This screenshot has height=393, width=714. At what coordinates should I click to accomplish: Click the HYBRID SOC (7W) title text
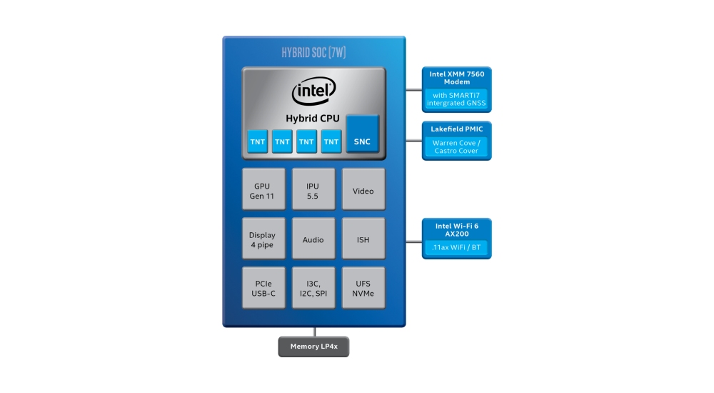pyautogui.click(x=313, y=53)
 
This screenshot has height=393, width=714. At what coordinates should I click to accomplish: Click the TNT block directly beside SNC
pyautogui.click(x=331, y=141)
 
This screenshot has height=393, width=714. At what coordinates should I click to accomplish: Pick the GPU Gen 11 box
pyautogui.click(x=263, y=190)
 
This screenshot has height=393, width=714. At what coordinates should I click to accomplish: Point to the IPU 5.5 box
pyautogui.click(x=313, y=190)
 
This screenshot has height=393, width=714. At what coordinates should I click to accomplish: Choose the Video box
pyautogui.click(x=363, y=190)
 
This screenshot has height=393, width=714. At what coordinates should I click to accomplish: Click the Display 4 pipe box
pyautogui.click(x=263, y=239)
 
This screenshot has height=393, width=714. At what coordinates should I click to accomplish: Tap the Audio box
pyautogui.click(x=313, y=239)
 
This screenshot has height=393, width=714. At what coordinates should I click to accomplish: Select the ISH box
pyautogui.click(x=363, y=239)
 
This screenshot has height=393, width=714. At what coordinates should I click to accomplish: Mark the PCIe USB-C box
pyautogui.click(x=263, y=288)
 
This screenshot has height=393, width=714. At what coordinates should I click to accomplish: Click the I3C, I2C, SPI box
pyautogui.click(x=313, y=288)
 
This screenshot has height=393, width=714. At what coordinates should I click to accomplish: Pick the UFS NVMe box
pyautogui.click(x=363, y=288)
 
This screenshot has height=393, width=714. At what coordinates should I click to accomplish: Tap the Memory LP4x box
pyautogui.click(x=313, y=347)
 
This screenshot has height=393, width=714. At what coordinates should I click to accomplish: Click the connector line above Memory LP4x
pyautogui.click(x=314, y=332)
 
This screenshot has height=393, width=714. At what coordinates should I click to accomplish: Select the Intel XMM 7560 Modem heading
pyautogui.click(x=457, y=78)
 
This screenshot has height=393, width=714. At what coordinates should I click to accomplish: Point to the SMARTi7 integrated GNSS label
pyautogui.click(x=457, y=99)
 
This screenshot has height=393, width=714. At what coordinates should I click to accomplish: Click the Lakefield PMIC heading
pyautogui.click(x=457, y=129)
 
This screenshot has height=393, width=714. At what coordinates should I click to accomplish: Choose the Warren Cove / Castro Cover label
pyautogui.click(x=457, y=147)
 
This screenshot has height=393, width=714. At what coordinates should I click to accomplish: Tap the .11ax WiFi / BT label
pyautogui.click(x=457, y=247)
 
